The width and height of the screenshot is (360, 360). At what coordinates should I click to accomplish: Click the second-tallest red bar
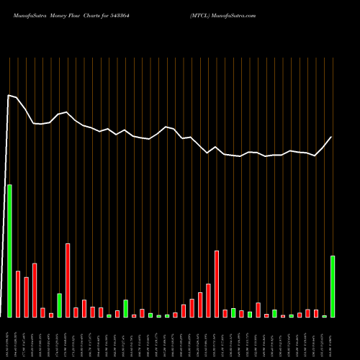[217, 284]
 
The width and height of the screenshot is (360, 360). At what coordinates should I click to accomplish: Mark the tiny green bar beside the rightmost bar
[325, 316]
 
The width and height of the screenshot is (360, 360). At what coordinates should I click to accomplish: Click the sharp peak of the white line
[9, 95]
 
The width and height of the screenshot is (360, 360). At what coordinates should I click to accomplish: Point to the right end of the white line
[331, 137]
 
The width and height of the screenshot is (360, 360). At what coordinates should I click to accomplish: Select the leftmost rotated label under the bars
[9, 338]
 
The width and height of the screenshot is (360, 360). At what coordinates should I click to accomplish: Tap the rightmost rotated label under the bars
[333, 338]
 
